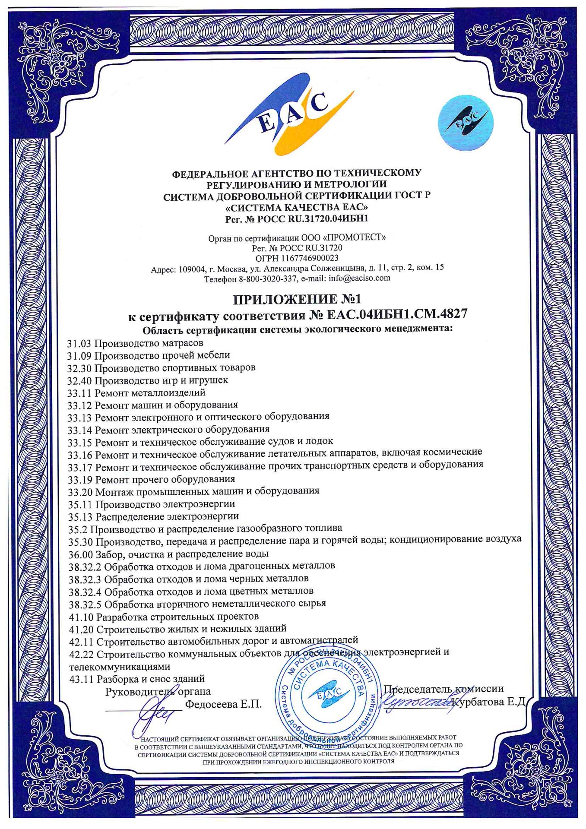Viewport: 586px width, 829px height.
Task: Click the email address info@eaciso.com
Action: (359, 278)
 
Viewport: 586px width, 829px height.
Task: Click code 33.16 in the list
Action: (80, 455)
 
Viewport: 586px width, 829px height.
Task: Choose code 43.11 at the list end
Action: (81, 679)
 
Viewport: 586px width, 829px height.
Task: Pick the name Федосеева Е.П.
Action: (223, 704)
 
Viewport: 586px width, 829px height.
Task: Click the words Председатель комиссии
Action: (444, 689)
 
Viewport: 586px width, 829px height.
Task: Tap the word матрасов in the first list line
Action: (180, 343)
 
